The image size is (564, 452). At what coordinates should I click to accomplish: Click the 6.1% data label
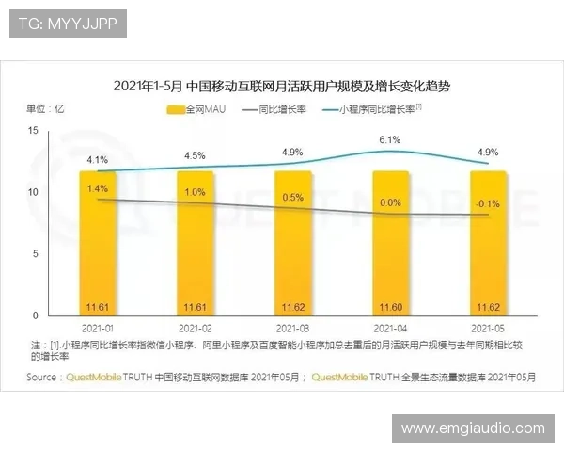click(x=390, y=140)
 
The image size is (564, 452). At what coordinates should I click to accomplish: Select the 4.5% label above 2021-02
click(x=195, y=155)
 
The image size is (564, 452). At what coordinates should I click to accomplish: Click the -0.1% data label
click(x=488, y=202)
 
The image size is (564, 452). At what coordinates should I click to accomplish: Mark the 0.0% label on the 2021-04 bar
click(x=390, y=202)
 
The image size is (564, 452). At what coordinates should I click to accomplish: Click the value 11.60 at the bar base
click(x=390, y=307)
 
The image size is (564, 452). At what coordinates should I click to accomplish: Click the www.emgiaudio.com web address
click(x=473, y=428)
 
